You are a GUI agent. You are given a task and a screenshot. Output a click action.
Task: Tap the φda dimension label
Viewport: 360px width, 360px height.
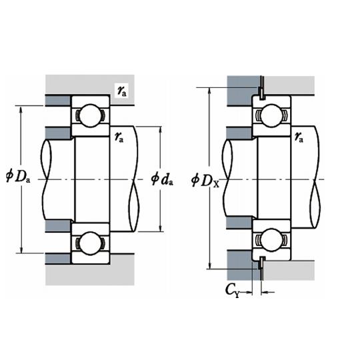(162, 179)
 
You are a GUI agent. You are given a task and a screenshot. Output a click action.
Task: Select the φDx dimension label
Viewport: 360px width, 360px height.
(205, 180)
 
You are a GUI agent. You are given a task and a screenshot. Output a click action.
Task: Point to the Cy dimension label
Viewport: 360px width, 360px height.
(233, 290)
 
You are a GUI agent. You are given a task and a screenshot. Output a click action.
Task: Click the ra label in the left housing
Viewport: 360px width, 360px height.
(122, 91)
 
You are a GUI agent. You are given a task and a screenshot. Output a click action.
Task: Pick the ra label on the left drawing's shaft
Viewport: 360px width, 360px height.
(119, 137)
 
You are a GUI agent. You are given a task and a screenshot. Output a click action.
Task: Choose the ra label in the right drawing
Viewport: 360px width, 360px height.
(299, 137)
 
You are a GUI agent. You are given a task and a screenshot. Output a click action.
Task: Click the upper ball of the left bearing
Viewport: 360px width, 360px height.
(91, 115)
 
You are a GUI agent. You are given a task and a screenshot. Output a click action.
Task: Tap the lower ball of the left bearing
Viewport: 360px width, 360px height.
(91, 243)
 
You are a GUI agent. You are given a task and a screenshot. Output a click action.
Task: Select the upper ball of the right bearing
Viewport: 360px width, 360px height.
(271, 115)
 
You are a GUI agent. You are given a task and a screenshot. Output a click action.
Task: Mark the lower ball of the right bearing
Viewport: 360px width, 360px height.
(271, 240)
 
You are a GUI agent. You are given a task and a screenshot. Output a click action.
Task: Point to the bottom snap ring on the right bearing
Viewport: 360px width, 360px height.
(262, 268)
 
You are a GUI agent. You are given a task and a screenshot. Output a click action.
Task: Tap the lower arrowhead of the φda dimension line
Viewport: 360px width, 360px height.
(161, 227)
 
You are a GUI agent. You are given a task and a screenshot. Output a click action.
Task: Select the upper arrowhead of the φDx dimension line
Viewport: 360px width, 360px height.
(209, 91)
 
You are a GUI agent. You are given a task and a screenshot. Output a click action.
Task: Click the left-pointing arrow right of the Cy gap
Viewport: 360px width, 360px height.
(268, 292)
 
